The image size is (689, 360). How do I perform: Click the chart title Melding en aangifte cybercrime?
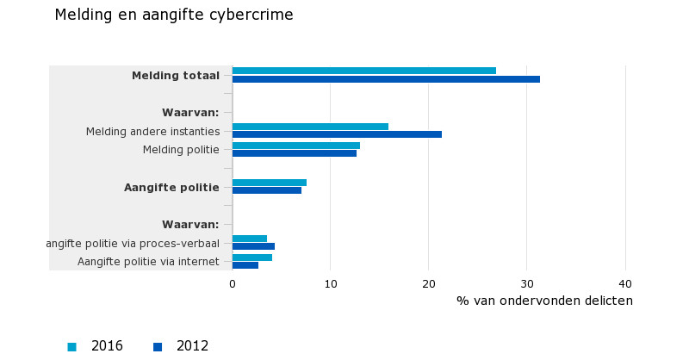coord(173,15)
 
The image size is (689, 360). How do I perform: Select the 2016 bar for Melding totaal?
coord(363,71)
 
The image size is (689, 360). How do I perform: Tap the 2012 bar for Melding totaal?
coord(386,79)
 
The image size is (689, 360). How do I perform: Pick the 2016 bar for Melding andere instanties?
coord(310,127)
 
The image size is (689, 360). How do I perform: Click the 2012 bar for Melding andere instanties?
coord(337,134)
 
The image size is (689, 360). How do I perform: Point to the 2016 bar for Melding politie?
coord(295,146)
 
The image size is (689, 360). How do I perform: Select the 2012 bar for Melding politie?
coord(294,153)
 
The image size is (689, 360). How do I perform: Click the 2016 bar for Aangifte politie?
coord(269,183)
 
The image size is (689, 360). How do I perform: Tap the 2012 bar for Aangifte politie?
coord(266,190)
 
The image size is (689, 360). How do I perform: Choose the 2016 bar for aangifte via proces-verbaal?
coord(249,239)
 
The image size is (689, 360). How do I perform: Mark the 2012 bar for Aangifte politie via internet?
coord(245,265)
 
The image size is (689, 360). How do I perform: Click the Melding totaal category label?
coord(176,76)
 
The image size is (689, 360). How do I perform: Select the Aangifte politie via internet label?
coord(148,262)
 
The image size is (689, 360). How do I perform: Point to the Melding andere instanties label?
coord(152,131)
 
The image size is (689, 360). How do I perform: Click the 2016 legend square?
coord(71,347)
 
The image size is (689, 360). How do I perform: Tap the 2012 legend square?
coord(158,347)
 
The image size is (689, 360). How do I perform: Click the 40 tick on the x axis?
coord(625,283)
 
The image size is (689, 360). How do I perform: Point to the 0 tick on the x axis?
coord(233,283)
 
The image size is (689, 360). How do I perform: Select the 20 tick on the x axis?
coord(429,283)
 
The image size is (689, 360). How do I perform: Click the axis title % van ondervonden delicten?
coord(544,301)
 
